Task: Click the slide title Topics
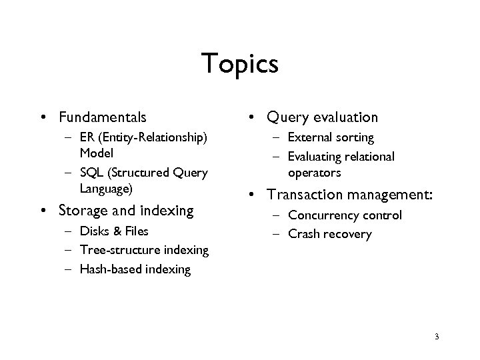[239, 65]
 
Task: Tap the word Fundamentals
[102, 118]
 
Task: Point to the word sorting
[355, 138]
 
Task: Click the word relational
[370, 157]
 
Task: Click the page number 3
[436, 337]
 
